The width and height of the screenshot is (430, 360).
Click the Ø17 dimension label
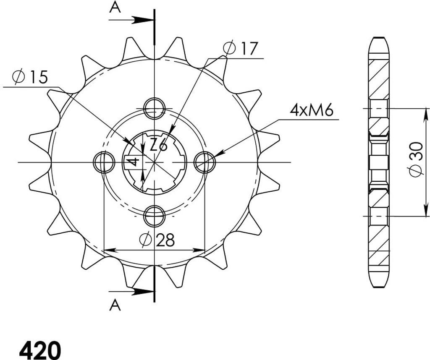[x=240, y=48]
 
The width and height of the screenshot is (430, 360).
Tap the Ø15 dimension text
[x=30, y=77]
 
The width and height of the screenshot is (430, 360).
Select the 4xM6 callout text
[x=312, y=110]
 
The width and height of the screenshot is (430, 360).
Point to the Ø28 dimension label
[x=157, y=240]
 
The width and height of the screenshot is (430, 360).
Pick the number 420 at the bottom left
[x=40, y=350]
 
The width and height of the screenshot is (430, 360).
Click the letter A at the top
[x=115, y=8]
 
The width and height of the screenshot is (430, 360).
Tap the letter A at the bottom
[x=115, y=305]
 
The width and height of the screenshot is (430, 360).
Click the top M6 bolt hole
[x=155, y=108]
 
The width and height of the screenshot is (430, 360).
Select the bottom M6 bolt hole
[x=155, y=216]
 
